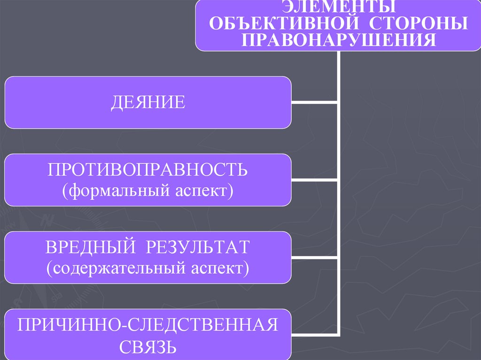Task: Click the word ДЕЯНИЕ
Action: (x=148, y=102)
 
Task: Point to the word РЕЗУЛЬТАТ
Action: (x=197, y=247)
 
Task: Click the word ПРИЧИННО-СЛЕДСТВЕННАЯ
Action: (x=147, y=325)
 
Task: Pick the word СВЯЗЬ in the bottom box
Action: (x=147, y=347)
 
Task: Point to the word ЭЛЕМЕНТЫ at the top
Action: (x=338, y=7)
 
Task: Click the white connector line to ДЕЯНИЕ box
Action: (x=314, y=102)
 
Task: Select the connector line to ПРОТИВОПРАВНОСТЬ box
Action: (x=314, y=180)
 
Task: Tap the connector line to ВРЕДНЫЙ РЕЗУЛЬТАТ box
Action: (x=314, y=258)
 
